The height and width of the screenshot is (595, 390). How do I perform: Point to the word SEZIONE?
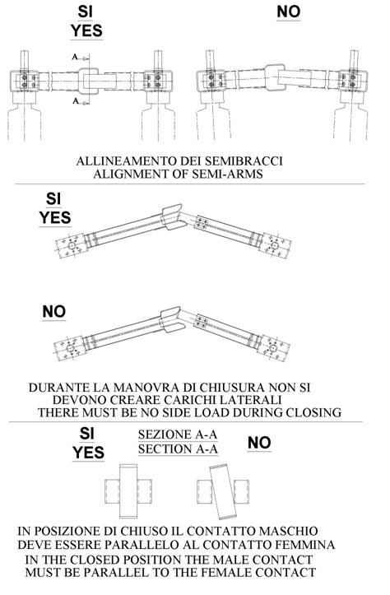click(165, 435)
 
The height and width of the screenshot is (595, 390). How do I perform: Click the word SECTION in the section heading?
click(165, 449)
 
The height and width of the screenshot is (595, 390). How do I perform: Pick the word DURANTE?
click(53, 388)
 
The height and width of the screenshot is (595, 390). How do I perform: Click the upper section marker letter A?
click(75, 57)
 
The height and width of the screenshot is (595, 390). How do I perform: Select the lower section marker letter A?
click(76, 101)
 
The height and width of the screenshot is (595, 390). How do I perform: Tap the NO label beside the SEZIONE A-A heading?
click(259, 443)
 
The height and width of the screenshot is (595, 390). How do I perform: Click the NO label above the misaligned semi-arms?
click(289, 12)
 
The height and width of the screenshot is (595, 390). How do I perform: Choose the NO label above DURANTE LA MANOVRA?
click(53, 312)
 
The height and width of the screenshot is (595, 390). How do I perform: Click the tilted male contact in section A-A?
click(223, 492)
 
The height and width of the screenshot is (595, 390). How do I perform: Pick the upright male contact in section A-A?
click(128, 491)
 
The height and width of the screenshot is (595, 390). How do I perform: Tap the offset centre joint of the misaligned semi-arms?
click(274, 78)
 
